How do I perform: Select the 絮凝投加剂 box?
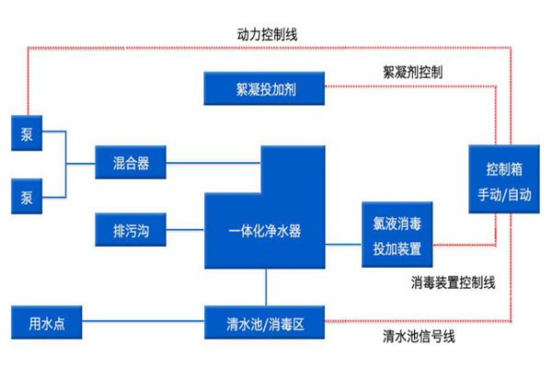[x=266, y=89]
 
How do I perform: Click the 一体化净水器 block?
[x=265, y=230]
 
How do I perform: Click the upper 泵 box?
[x=26, y=133]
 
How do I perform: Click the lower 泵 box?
[x=26, y=197]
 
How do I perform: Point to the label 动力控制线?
[x=267, y=34]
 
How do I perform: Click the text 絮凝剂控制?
[x=412, y=70]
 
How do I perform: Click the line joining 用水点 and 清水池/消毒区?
[x=143, y=323]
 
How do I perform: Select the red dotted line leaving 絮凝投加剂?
[x=405, y=88]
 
